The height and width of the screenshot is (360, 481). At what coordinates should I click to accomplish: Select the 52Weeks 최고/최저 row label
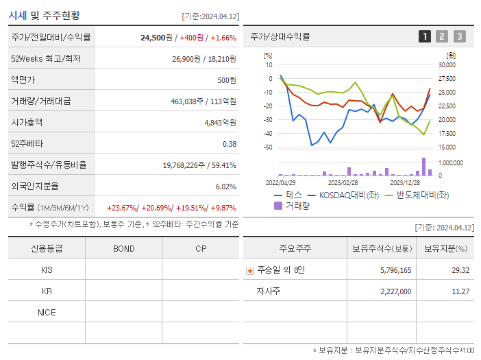pyautogui.click(x=45, y=58)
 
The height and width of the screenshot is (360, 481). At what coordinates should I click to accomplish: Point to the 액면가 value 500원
pyautogui.click(x=227, y=80)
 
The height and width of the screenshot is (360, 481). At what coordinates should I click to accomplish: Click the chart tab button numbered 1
pyautogui.click(x=425, y=36)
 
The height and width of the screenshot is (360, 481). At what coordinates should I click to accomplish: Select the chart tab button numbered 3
pyautogui.click(x=459, y=36)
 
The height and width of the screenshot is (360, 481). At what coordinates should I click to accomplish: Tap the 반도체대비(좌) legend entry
pyautogui.click(x=415, y=195)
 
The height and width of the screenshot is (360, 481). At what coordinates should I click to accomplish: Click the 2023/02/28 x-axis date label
pyautogui.click(x=343, y=183)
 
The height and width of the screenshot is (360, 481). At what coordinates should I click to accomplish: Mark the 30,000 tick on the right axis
pyautogui.click(x=447, y=64)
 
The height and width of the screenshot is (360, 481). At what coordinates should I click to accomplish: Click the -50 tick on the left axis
pyautogui.click(x=268, y=147)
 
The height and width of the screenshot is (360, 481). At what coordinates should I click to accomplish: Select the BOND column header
pyautogui.click(x=123, y=248)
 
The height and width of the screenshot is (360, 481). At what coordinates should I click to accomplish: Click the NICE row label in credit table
pyautogui.click(x=47, y=312)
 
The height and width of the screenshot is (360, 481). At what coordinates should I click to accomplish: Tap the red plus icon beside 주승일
pyautogui.click(x=249, y=270)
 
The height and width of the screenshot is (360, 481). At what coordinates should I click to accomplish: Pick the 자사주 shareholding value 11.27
pyautogui.click(x=460, y=291)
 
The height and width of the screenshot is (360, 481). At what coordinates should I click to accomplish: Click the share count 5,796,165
pyautogui.click(x=395, y=270)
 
